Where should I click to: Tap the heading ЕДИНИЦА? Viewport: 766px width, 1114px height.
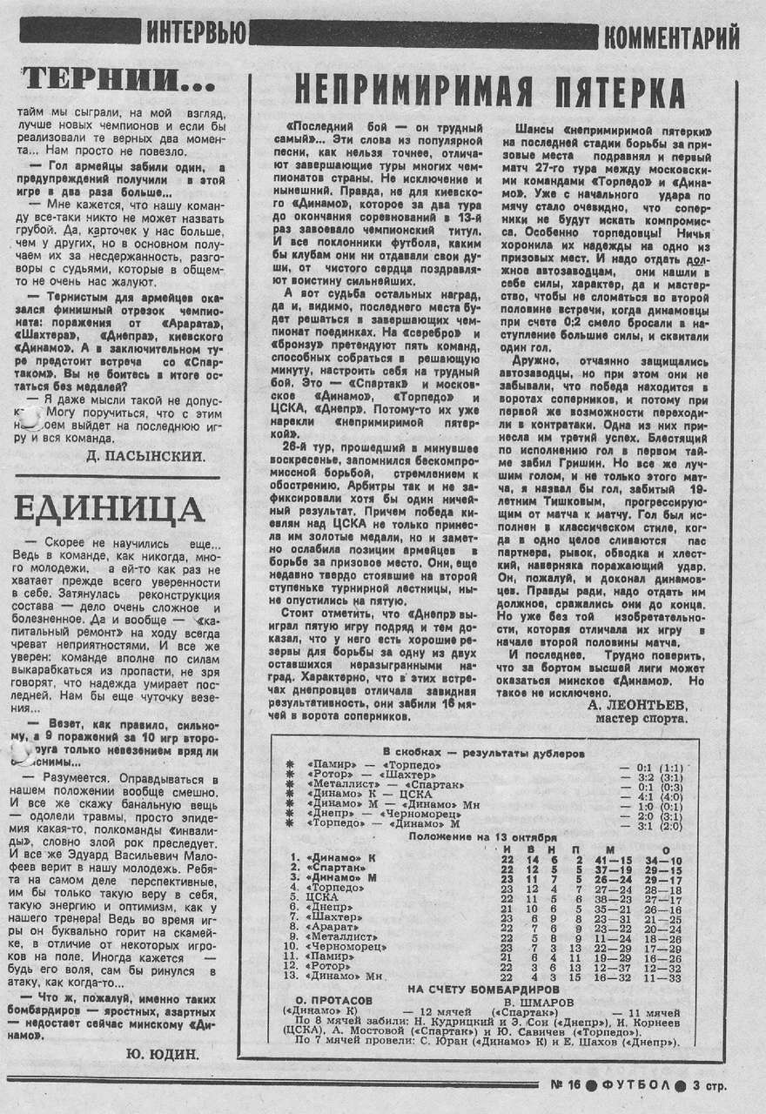(110, 508)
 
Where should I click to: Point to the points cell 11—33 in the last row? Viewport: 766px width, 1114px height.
(666, 977)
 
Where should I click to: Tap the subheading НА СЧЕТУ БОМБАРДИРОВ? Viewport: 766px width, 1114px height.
(471, 989)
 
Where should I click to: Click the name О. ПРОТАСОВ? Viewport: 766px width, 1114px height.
(333, 1001)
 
